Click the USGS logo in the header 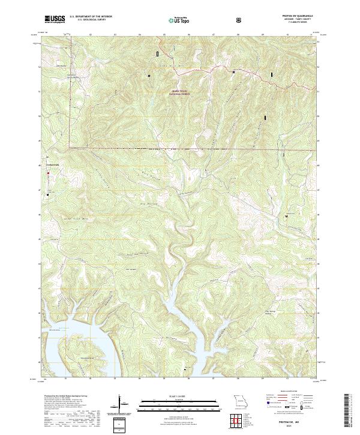tap(55, 20)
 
